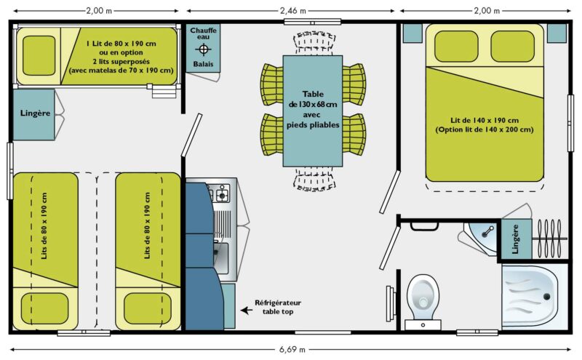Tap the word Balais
[203, 65]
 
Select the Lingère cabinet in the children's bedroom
[33, 114]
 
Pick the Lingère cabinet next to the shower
[516, 239]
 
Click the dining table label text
[313, 109]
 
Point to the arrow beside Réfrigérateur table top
[247, 309]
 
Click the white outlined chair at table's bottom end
[313, 178]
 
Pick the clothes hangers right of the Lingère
[551, 239]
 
